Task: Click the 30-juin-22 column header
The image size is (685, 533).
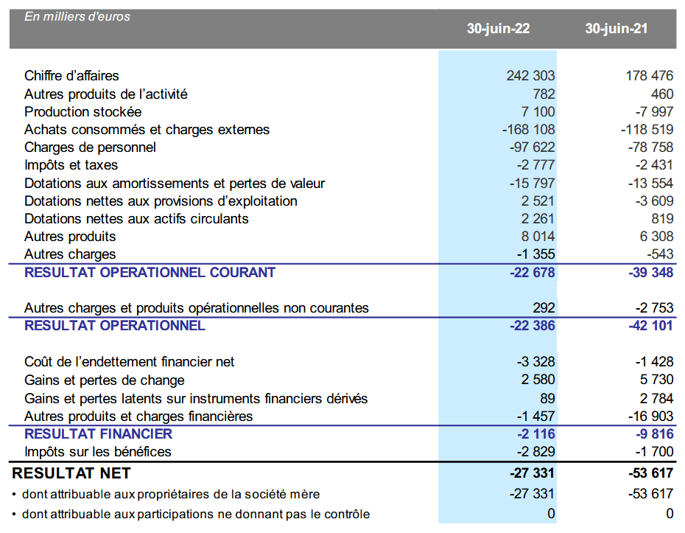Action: pos(498,29)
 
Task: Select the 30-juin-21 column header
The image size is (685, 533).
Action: pos(616,29)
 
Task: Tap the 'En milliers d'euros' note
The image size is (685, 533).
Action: pos(77,16)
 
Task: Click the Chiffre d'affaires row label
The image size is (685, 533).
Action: pos(71,76)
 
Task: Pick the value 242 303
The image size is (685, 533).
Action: pos(530,76)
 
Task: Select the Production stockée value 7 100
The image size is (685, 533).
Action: pos(538,112)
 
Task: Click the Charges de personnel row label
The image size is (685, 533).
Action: pos(90,147)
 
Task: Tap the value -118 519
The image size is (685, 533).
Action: pos(646,130)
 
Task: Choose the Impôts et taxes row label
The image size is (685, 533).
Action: pos(71,165)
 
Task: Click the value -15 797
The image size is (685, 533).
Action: pos(532,184)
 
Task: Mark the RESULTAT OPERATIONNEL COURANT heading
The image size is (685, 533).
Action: pos(150,273)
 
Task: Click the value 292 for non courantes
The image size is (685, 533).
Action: pos(544,308)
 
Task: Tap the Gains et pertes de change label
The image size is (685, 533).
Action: pos(105,380)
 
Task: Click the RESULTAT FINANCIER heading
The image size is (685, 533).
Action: pos(98,434)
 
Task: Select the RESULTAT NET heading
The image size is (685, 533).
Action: pos(71,473)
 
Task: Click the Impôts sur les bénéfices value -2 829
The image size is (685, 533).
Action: pos(535,452)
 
